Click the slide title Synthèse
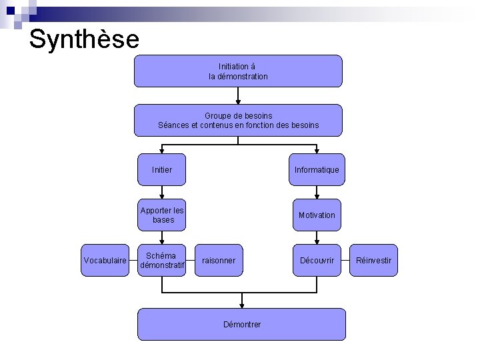tap(84, 39)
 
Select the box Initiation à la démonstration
tap(238, 71)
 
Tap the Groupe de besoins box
tap(238, 120)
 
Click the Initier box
tap(161, 170)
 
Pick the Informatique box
tap(317, 170)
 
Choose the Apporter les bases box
tap(161, 215)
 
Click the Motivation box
tap(317, 215)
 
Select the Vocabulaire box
tap(105, 261)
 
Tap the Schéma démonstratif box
tap(161, 261)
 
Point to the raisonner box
tap(219, 261)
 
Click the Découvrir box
tap(317, 261)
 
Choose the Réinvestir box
tap(374, 261)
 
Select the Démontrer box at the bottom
tap(241, 324)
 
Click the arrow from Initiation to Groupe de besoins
tap(238, 95)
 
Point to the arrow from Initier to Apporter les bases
tap(161, 193)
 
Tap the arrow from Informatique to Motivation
tap(317, 193)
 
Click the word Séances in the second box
tap(173, 125)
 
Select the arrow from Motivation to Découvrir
tap(317, 237)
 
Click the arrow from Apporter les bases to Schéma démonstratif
tap(161, 237)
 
